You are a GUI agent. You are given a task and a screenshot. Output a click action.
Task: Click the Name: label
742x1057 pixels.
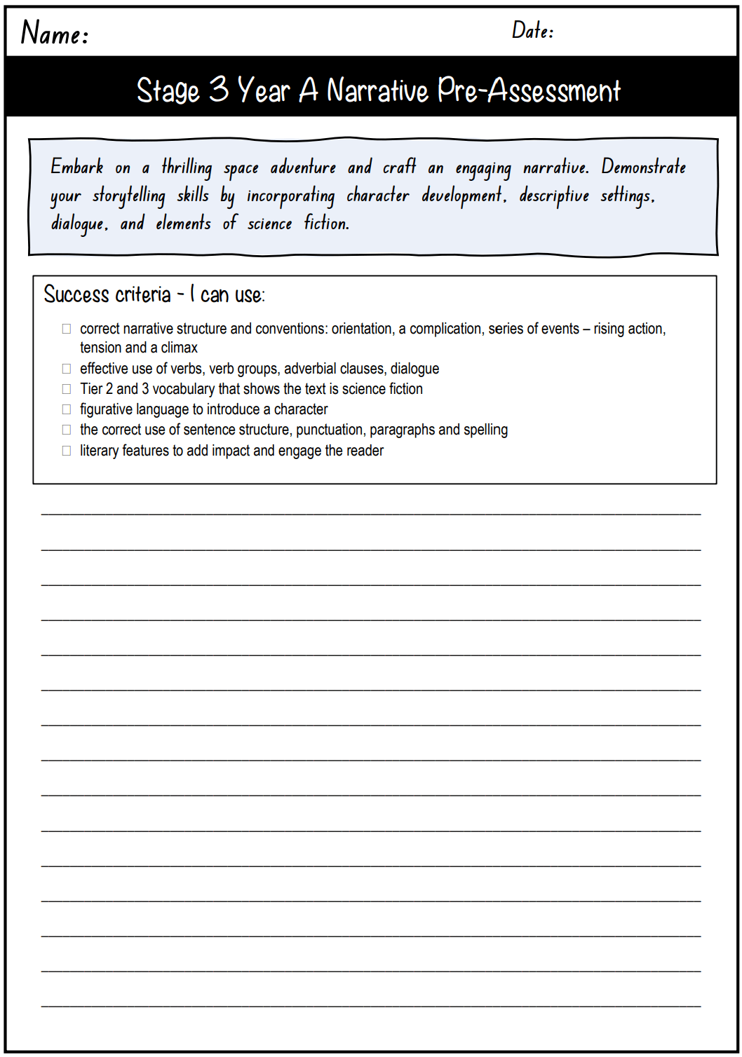[55, 33]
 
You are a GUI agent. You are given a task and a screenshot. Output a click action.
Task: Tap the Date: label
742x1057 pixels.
[532, 30]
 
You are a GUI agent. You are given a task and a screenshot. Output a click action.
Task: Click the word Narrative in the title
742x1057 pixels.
[377, 90]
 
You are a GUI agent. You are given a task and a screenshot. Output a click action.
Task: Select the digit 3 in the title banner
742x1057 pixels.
[219, 90]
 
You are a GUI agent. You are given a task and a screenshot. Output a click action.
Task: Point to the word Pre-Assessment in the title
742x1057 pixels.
[529, 90]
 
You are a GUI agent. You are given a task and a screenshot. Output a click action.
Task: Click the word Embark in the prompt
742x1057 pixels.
[77, 167]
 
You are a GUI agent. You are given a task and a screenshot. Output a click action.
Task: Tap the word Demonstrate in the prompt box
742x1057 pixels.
[643, 167]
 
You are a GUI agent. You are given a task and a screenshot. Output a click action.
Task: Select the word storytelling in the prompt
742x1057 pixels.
[129, 196]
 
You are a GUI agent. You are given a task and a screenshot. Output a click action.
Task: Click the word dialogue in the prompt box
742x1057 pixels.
[79, 224]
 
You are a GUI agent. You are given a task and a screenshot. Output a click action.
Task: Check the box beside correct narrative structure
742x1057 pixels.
[67, 329]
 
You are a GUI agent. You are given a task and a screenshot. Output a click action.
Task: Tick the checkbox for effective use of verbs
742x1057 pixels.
[67, 369]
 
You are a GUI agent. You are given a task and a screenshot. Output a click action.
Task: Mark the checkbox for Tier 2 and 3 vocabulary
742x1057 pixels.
[67, 389]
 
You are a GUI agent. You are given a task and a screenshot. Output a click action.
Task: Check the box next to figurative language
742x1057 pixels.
[67, 409]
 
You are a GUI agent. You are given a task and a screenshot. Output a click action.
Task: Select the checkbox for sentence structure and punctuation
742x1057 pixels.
[67, 430]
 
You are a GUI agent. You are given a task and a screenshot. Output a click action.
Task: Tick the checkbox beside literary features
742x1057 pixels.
[67, 451]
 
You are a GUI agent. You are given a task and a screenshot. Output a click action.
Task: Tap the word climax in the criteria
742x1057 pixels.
[180, 348]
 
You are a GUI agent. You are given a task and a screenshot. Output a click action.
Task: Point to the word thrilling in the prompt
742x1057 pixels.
[187, 168]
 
